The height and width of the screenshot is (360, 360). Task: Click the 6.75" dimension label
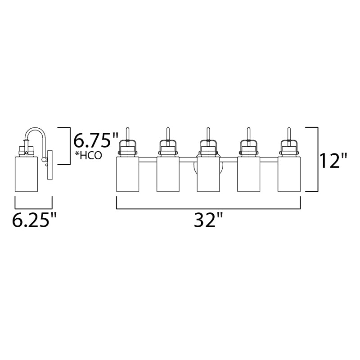(x=95, y=140)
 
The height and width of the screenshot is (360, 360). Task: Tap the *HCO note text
(x=88, y=156)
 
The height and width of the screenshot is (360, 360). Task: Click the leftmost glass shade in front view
(x=128, y=174)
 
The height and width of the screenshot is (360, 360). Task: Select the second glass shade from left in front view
(x=168, y=174)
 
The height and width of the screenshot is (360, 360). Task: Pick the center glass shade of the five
(x=208, y=174)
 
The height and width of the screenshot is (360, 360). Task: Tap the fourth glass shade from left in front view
(x=248, y=174)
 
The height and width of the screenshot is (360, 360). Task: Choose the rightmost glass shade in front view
(x=289, y=174)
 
